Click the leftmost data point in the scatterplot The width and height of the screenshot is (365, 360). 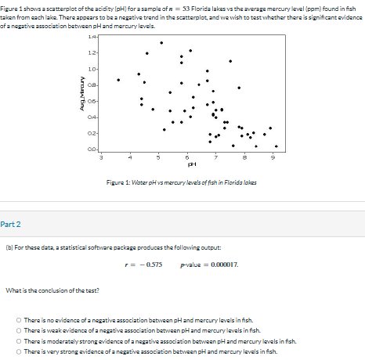pyautogui.click(x=118, y=79)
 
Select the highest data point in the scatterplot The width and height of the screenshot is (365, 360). pyautogui.click(x=162, y=43)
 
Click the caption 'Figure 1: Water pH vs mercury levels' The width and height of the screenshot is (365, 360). pyautogui.click(x=181, y=182)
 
